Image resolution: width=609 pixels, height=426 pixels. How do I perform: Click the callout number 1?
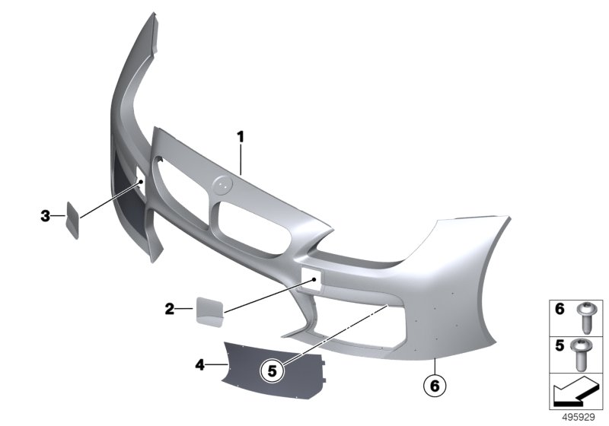[241, 137]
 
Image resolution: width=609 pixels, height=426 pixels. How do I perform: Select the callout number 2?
[170, 309]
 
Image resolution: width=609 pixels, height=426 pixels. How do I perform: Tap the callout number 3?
[46, 216]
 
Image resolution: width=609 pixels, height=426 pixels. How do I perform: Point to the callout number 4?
[199, 364]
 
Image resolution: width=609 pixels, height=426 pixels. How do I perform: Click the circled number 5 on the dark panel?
[273, 371]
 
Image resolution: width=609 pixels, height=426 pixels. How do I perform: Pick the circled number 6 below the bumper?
[435, 386]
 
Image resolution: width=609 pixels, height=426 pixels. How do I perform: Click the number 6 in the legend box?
[560, 309]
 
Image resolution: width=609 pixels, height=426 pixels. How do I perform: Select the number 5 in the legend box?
[560, 345]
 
